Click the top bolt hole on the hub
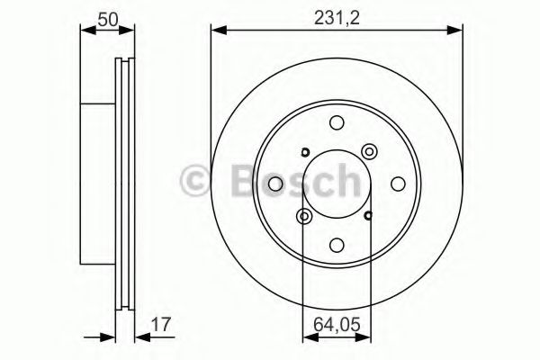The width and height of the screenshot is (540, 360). pos(337,124)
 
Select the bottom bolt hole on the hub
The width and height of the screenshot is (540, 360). pos(337,243)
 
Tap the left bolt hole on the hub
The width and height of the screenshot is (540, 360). pos(277,184)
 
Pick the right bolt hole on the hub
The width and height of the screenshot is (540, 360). pos(396,184)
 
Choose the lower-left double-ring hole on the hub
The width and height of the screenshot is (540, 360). pos(304,216)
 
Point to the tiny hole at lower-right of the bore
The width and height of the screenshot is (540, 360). pos(369,215)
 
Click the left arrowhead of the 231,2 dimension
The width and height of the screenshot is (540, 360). pos(217,32)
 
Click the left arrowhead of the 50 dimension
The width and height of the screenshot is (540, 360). pos(86,32)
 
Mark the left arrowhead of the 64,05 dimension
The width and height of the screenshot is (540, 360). pos(308,338)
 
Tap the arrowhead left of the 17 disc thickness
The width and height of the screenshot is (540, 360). pos(112,338)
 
